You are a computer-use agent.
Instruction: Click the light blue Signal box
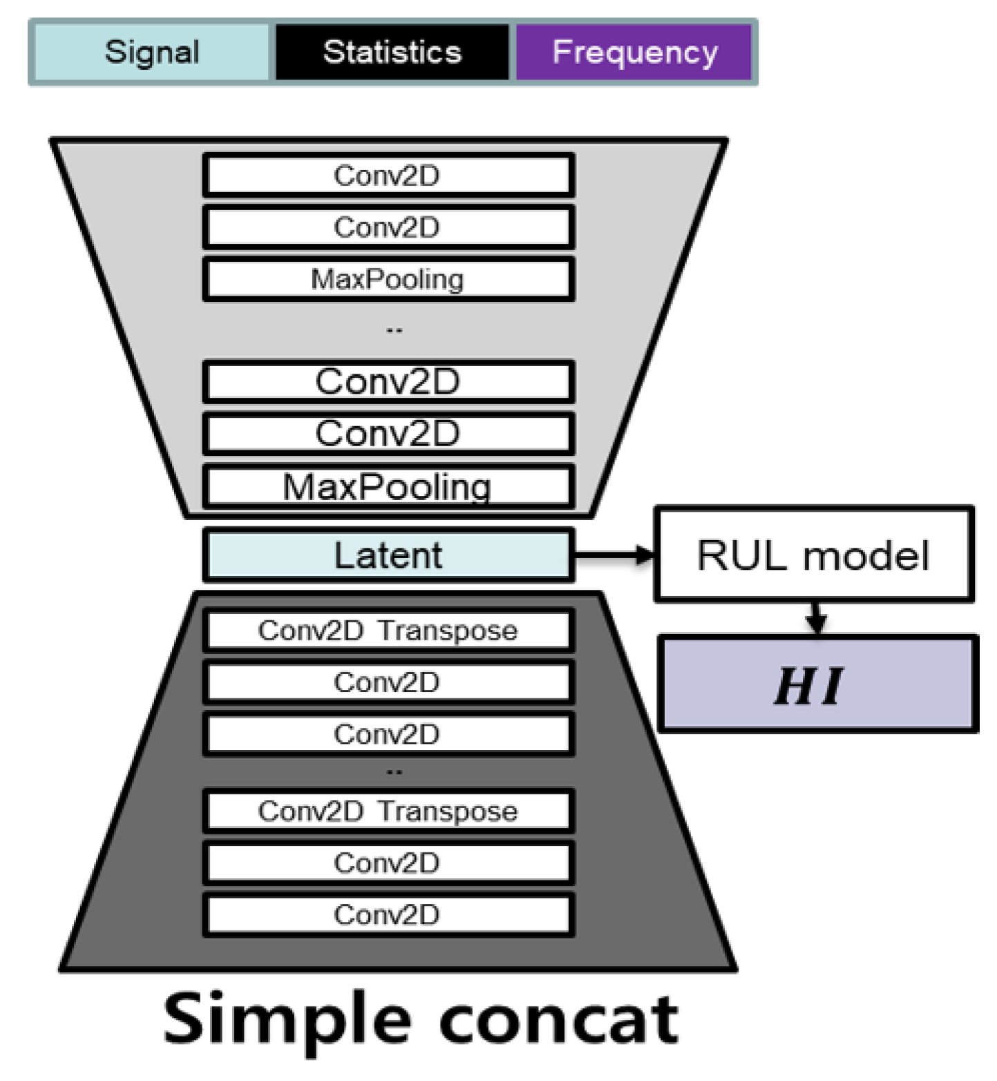(x=151, y=52)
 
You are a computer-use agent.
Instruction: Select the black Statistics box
(x=392, y=52)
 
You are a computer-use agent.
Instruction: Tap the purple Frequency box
(x=634, y=52)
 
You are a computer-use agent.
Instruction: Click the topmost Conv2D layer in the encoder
(x=388, y=175)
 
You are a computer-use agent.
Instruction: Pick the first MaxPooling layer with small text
(x=388, y=279)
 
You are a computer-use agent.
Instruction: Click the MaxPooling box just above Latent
(x=388, y=487)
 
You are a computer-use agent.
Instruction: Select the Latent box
(x=388, y=555)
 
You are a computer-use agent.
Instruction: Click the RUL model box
(x=813, y=555)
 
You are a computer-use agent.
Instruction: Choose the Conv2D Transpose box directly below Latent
(x=388, y=630)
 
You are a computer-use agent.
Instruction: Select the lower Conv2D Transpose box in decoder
(x=388, y=811)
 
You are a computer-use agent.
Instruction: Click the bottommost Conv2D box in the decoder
(x=388, y=915)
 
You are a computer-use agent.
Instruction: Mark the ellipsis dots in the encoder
(x=394, y=331)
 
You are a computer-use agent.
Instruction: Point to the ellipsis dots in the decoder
(x=394, y=772)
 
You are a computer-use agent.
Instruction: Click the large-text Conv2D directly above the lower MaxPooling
(x=388, y=434)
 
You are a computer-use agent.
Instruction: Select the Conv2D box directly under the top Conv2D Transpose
(x=388, y=682)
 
